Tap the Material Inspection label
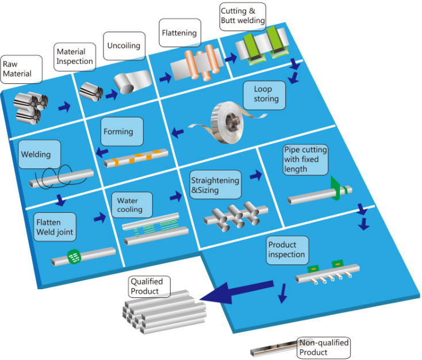(75, 56)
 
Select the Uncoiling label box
(124, 46)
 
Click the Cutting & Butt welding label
(243, 16)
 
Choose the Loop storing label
(265, 94)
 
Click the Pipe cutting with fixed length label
(306, 160)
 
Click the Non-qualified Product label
(323, 347)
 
